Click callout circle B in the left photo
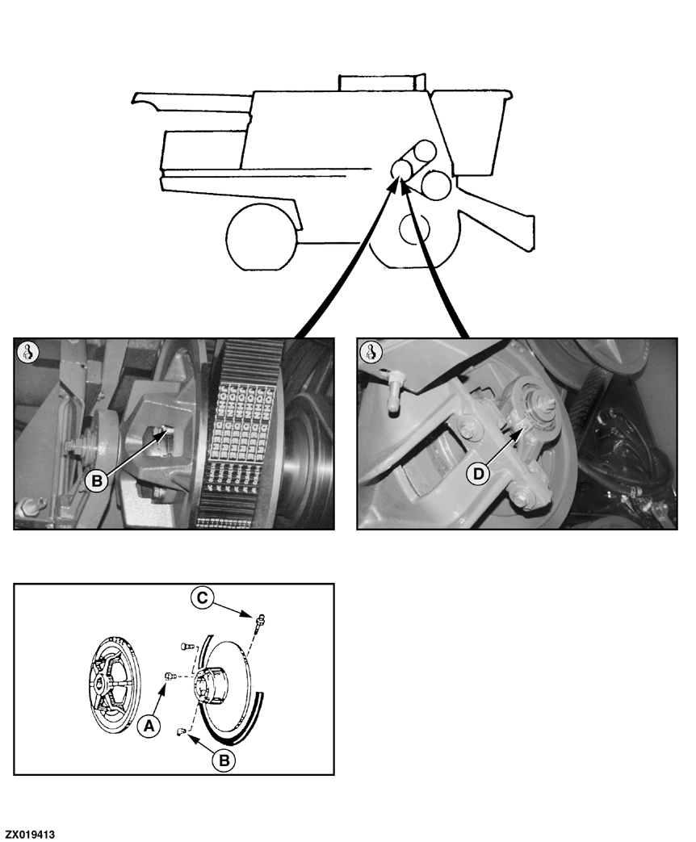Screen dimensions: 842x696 click(97, 481)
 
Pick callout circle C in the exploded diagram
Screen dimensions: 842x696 click(203, 598)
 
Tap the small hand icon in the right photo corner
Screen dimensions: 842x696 click(371, 352)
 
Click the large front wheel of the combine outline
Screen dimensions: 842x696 click(261, 238)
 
